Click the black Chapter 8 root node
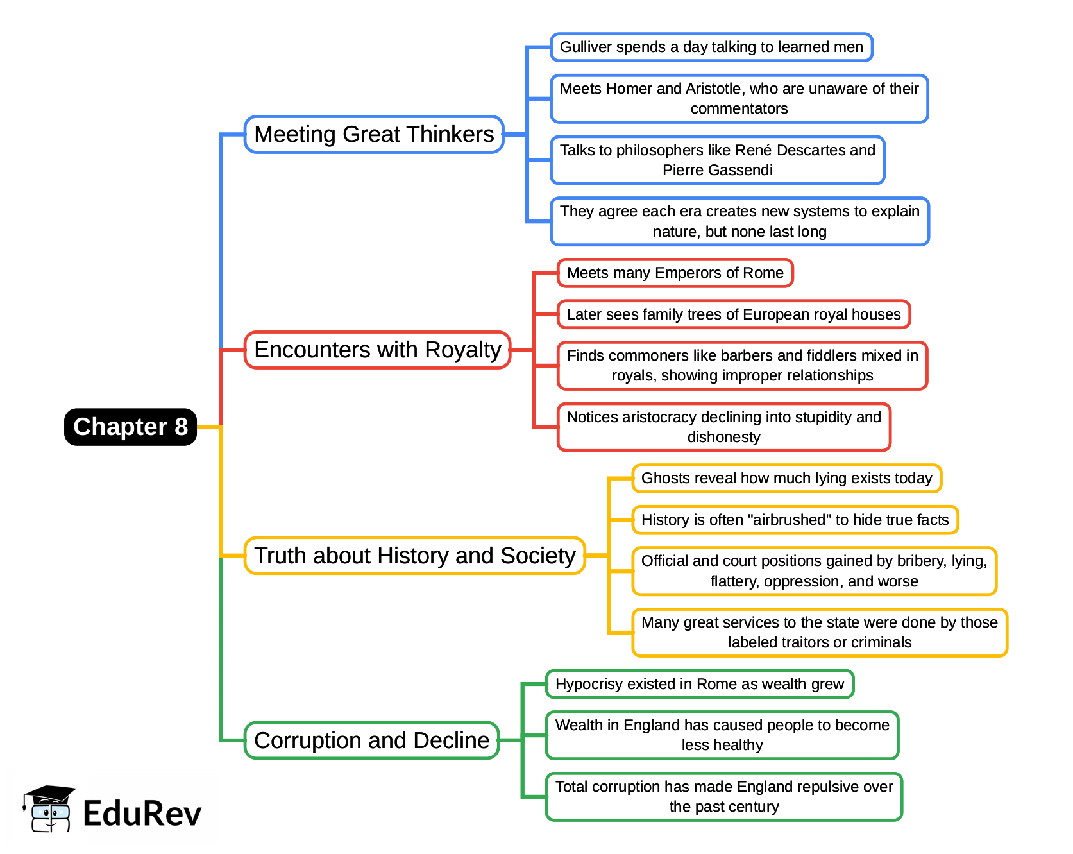130,427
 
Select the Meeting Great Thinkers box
374,134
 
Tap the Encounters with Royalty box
377,350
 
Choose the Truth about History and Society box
414,556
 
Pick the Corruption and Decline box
371,740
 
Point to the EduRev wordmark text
142,814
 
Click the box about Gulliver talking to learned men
711,47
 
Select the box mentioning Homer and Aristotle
739,98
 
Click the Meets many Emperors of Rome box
675,273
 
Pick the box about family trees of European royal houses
733,314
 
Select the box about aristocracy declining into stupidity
723,427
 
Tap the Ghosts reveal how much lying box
786,478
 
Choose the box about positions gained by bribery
814,571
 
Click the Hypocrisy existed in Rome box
699,684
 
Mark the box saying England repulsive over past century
723,796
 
